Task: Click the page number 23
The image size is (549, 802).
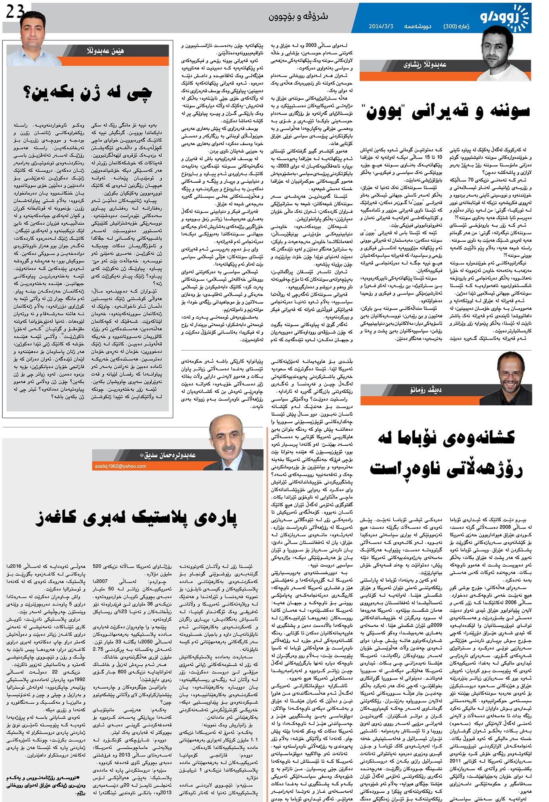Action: coord(15,13)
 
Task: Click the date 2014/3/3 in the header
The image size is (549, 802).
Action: coord(381,27)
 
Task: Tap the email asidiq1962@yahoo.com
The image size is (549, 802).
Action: coord(120,466)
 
